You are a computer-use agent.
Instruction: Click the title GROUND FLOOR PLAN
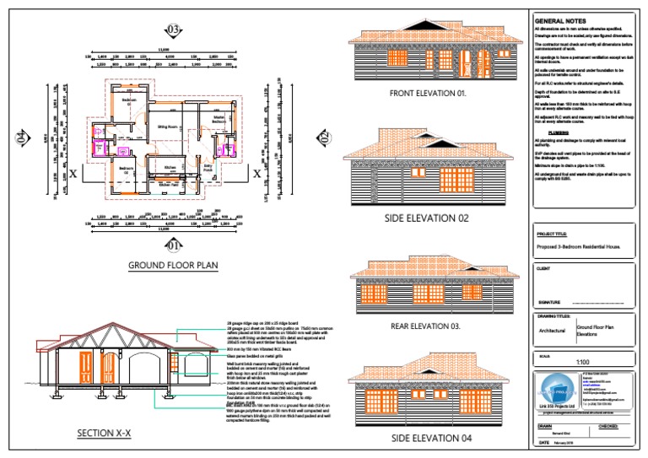(174, 266)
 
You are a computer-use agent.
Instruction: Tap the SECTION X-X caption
(100, 434)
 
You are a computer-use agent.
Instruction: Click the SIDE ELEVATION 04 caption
(429, 439)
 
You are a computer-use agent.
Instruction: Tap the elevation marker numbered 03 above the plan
(174, 30)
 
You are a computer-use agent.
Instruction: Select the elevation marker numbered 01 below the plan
(174, 245)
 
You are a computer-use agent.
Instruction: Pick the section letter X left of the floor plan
(74, 175)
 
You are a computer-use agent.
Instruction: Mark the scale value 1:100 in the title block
(583, 362)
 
